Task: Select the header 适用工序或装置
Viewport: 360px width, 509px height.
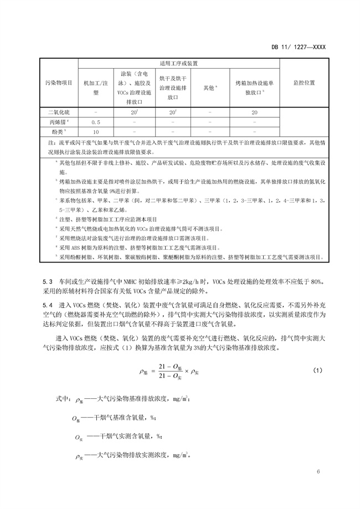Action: click(179, 64)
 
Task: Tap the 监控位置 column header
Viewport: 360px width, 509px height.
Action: click(304, 83)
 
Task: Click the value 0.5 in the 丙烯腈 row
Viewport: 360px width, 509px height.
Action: click(95, 121)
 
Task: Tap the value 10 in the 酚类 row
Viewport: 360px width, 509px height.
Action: click(95, 131)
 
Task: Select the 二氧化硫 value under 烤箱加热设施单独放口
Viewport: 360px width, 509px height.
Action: click(254, 112)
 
